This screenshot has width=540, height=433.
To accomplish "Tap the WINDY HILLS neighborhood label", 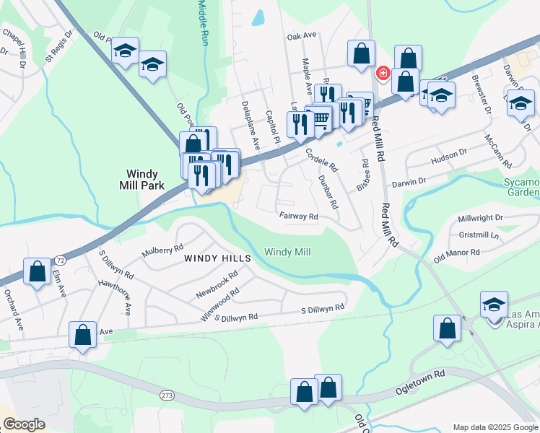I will click(x=217, y=258).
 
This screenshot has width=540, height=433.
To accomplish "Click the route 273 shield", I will click(x=167, y=395).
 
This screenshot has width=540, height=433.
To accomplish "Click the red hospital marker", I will click(x=383, y=73).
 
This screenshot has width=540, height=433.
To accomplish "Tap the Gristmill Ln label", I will click(x=479, y=235).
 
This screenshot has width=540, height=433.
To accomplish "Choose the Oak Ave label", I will click(x=302, y=35).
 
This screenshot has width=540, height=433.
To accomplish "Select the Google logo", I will click(x=25, y=424).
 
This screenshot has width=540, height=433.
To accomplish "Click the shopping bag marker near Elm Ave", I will click(x=37, y=272).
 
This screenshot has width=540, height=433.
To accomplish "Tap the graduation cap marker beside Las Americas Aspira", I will click(x=495, y=304).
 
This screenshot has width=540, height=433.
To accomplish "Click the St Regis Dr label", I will click(x=60, y=45).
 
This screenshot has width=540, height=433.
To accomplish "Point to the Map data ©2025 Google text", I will click(x=495, y=427).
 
